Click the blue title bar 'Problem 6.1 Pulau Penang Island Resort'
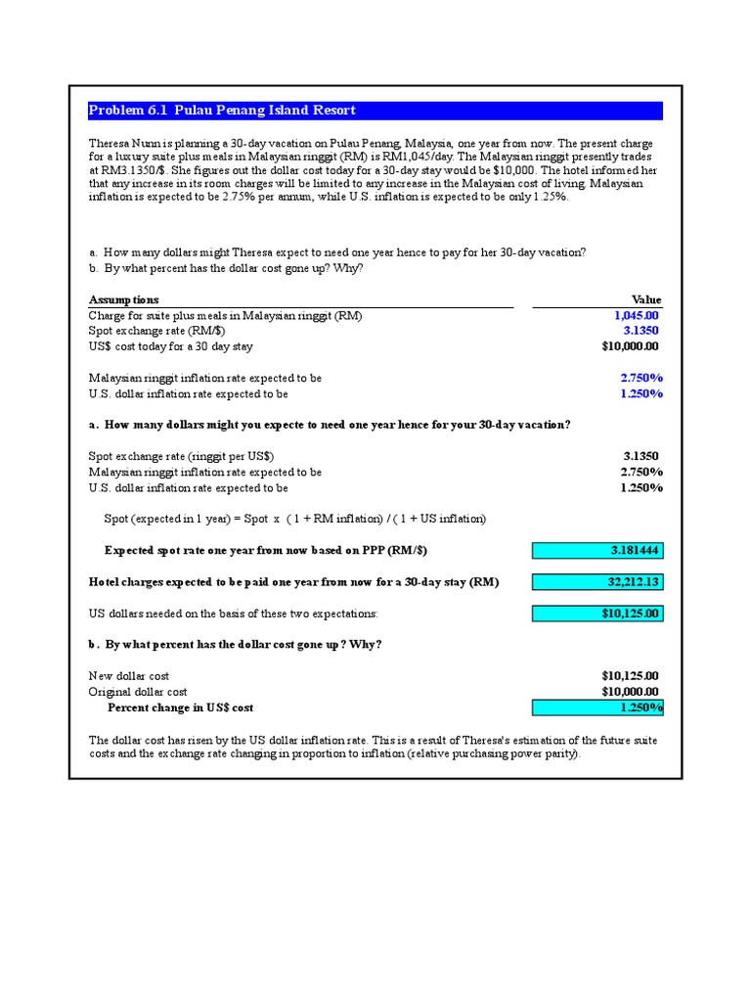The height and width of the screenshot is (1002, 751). point(375,111)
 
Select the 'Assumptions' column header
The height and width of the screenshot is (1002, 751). point(124,299)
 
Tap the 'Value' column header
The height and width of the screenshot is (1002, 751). point(646,299)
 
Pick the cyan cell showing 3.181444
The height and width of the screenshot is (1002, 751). point(597,551)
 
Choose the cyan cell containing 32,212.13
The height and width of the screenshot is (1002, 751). point(597,582)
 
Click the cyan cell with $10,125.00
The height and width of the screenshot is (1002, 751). point(597,614)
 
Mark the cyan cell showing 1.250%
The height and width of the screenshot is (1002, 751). point(597,707)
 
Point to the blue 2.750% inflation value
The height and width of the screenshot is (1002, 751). point(641,378)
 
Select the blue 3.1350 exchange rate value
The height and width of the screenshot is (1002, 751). point(641,331)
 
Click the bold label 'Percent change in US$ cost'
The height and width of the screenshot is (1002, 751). point(180,707)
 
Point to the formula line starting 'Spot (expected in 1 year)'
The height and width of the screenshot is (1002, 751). point(294,519)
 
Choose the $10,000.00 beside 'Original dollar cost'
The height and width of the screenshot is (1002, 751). point(630,692)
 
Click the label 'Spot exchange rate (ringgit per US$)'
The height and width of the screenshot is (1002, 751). point(182,456)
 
